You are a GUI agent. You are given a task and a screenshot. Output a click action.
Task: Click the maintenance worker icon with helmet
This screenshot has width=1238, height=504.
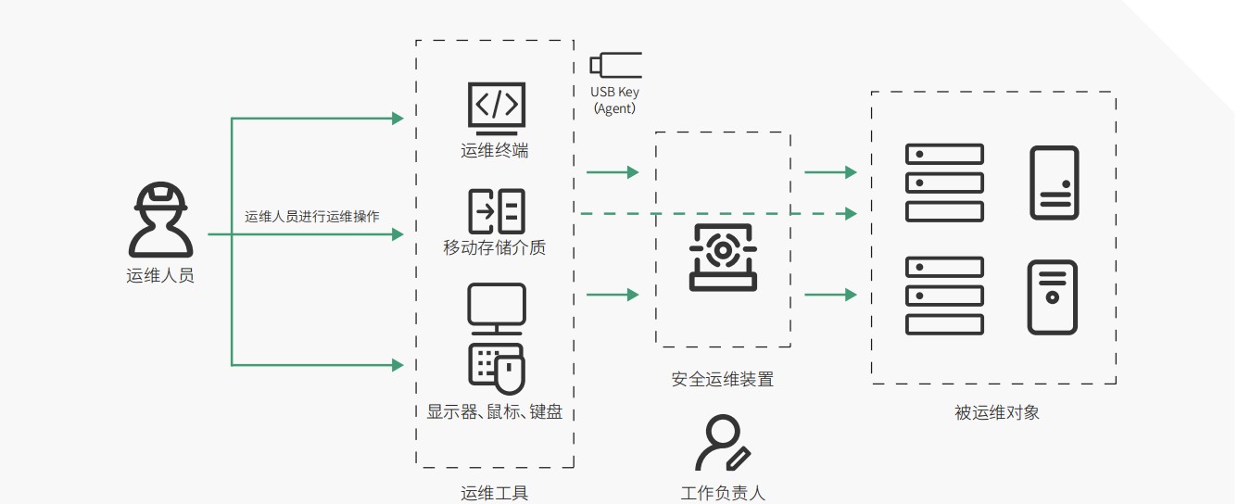[160, 220]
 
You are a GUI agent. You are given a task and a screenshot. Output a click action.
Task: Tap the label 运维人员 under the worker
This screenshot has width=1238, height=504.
[160, 275]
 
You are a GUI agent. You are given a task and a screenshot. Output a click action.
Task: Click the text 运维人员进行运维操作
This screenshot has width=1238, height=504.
[311, 217]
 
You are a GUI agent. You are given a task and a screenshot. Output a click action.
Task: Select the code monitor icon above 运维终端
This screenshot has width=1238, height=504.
[496, 105]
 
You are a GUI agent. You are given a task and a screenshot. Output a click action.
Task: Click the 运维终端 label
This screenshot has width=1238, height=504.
[495, 150]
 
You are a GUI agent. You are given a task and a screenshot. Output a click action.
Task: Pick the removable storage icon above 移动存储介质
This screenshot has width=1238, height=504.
[496, 211]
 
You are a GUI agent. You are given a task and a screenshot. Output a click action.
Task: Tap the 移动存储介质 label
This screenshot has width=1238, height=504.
[495, 247]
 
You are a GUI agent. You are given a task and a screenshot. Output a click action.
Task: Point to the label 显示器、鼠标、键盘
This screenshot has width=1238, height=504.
[495, 412]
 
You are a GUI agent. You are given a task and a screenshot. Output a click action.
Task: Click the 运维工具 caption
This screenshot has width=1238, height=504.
[495, 493]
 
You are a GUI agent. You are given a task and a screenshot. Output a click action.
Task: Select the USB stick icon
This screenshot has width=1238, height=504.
[615, 65]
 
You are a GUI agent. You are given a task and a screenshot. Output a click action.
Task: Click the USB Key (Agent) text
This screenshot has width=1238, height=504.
[615, 100]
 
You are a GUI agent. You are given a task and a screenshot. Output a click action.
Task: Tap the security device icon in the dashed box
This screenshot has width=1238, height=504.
[723, 257]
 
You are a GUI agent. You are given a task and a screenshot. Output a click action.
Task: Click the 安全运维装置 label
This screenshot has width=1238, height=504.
[723, 379]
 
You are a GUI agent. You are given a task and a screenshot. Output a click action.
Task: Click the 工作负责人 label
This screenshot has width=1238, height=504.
[723, 493]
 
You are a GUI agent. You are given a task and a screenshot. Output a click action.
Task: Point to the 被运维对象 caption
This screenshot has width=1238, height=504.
[997, 412]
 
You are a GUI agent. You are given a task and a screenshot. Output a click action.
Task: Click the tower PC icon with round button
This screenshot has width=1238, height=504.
[1052, 297]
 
